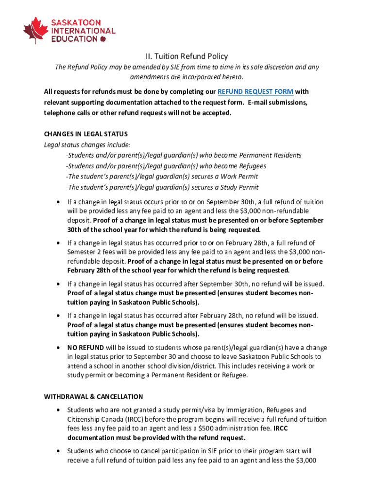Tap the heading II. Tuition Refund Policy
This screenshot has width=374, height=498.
(187, 56)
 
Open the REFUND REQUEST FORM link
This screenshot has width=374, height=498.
(255, 91)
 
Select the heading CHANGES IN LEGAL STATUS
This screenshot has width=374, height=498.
(85, 134)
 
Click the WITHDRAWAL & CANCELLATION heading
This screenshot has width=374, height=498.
(93, 396)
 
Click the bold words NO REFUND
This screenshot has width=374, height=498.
(85, 348)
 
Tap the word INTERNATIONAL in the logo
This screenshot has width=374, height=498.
(83, 31)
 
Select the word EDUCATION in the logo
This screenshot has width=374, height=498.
(74, 39)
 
